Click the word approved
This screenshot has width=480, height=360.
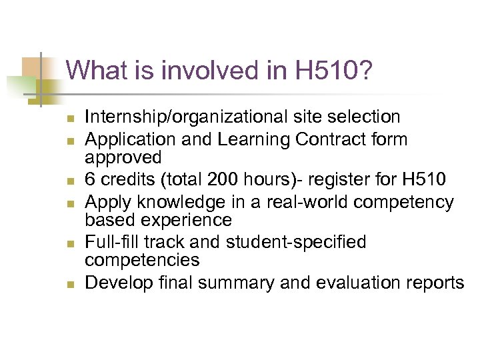tap(124, 158)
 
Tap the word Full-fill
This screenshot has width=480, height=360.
tap(113, 242)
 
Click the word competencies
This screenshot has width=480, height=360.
tap(143, 261)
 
